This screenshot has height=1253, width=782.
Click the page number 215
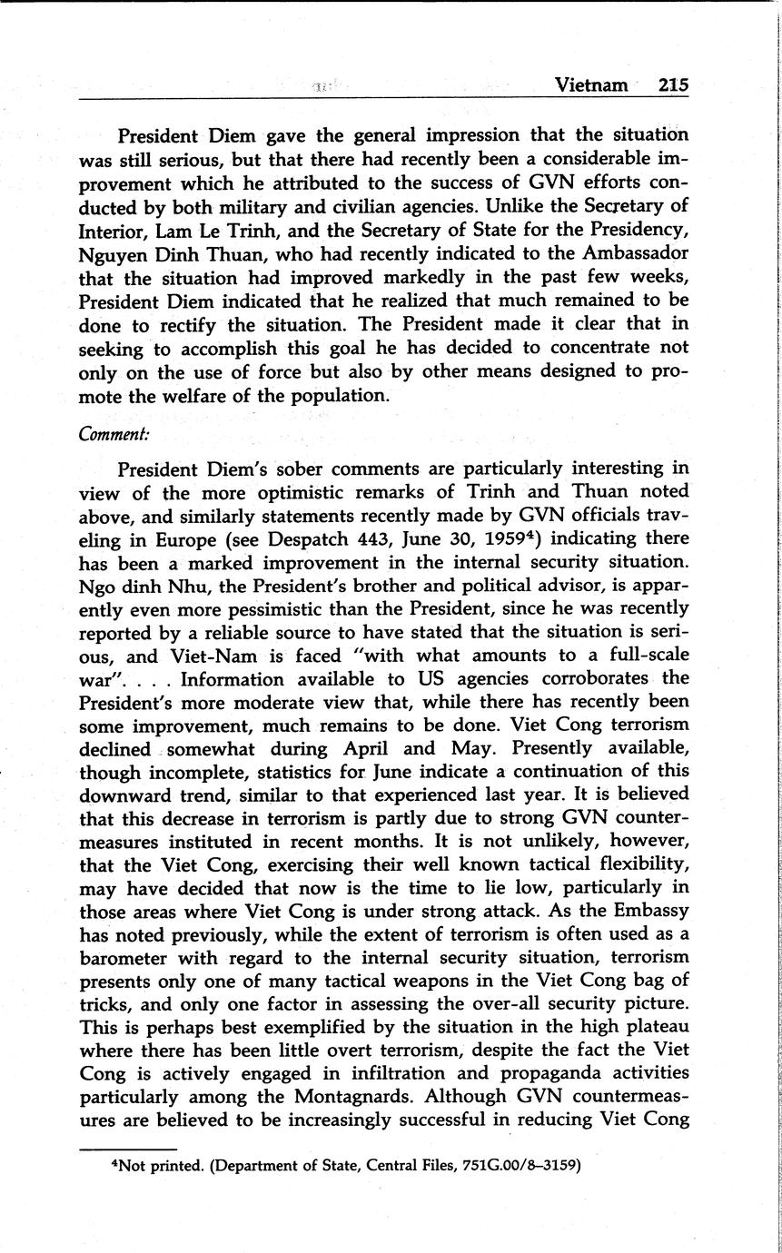coord(673,85)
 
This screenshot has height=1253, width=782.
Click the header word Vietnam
coord(591,85)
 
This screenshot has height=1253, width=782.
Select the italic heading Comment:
coord(114,435)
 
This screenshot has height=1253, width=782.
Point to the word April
coord(370,749)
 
